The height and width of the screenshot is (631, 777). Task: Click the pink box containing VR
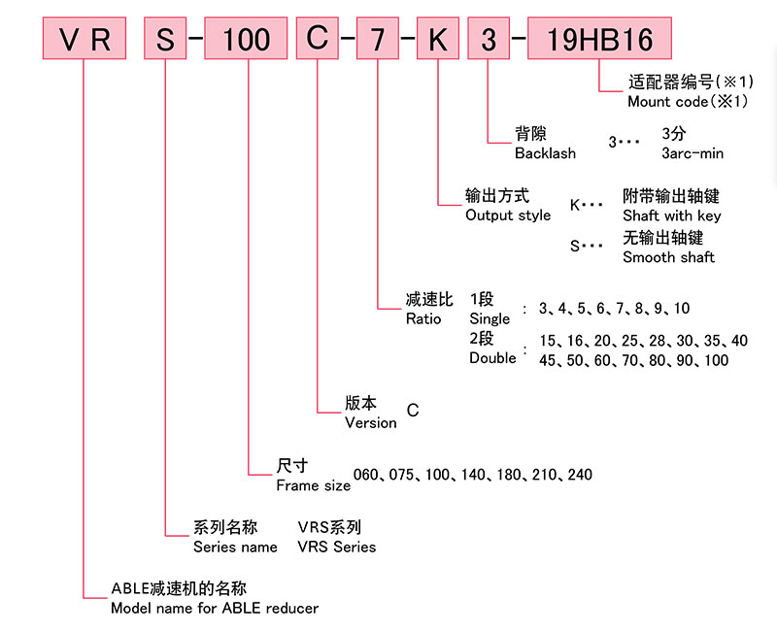click(84, 40)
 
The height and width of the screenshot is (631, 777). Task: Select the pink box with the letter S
click(166, 40)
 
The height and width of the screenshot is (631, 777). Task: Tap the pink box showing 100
click(246, 40)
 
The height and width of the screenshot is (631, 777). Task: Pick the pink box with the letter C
click(318, 40)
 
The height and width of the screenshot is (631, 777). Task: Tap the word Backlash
click(545, 153)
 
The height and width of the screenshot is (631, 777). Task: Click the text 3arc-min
click(693, 153)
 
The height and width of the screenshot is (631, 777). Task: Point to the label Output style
click(508, 216)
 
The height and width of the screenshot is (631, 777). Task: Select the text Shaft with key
click(671, 216)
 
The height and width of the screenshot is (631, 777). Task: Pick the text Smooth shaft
click(668, 257)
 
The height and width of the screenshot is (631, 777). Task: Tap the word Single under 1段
click(490, 318)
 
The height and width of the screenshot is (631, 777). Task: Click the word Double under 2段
click(492, 358)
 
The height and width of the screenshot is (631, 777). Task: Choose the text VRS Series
click(336, 547)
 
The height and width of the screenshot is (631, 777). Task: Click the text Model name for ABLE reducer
click(215, 609)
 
